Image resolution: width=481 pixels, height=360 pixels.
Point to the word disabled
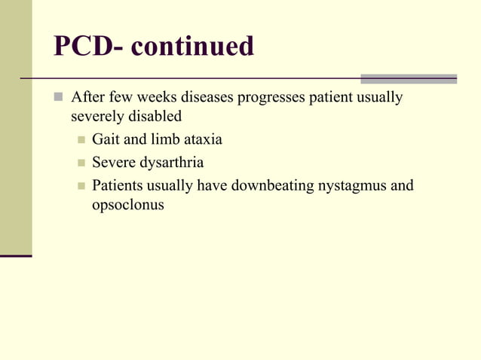tap(155, 117)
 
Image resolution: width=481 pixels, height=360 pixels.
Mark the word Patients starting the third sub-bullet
tap(117, 185)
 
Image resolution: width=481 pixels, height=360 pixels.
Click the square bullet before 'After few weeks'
tap(60, 99)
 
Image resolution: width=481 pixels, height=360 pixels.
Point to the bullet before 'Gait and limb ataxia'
tap(81, 140)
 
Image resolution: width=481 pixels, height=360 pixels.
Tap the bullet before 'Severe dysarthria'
tap(81, 163)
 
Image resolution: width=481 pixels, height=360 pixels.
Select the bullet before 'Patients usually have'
tap(81, 185)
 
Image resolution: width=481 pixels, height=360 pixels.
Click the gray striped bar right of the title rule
tap(408, 78)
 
